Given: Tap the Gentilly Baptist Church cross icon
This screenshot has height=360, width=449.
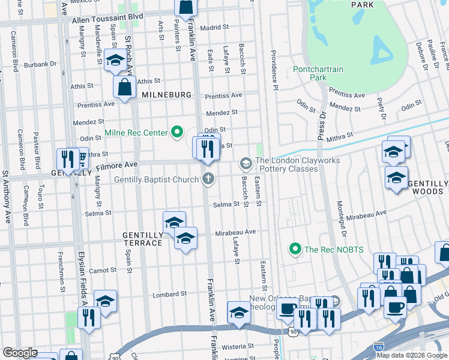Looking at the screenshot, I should click(x=208, y=178).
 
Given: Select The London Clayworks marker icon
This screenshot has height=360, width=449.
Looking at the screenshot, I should click(x=245, y=163).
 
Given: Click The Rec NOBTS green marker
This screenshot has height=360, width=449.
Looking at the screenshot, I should click(x=295, y=248).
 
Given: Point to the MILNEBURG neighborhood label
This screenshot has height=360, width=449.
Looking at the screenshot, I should click(x=166, y=95).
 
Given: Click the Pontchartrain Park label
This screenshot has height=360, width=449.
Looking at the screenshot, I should click(x=318, y=73).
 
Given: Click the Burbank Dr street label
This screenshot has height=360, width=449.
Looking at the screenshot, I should click(x=40, y=64).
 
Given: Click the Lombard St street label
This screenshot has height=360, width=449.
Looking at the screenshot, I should click(x=169, y=295).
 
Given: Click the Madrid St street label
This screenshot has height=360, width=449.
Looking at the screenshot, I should click(x=215, y=28).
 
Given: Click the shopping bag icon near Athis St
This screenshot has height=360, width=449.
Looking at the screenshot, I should click(x=124, y=88).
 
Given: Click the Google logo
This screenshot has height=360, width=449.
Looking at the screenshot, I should click(x=20, y=353).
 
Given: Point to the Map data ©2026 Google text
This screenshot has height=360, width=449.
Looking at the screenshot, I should click(x=412, y=355).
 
